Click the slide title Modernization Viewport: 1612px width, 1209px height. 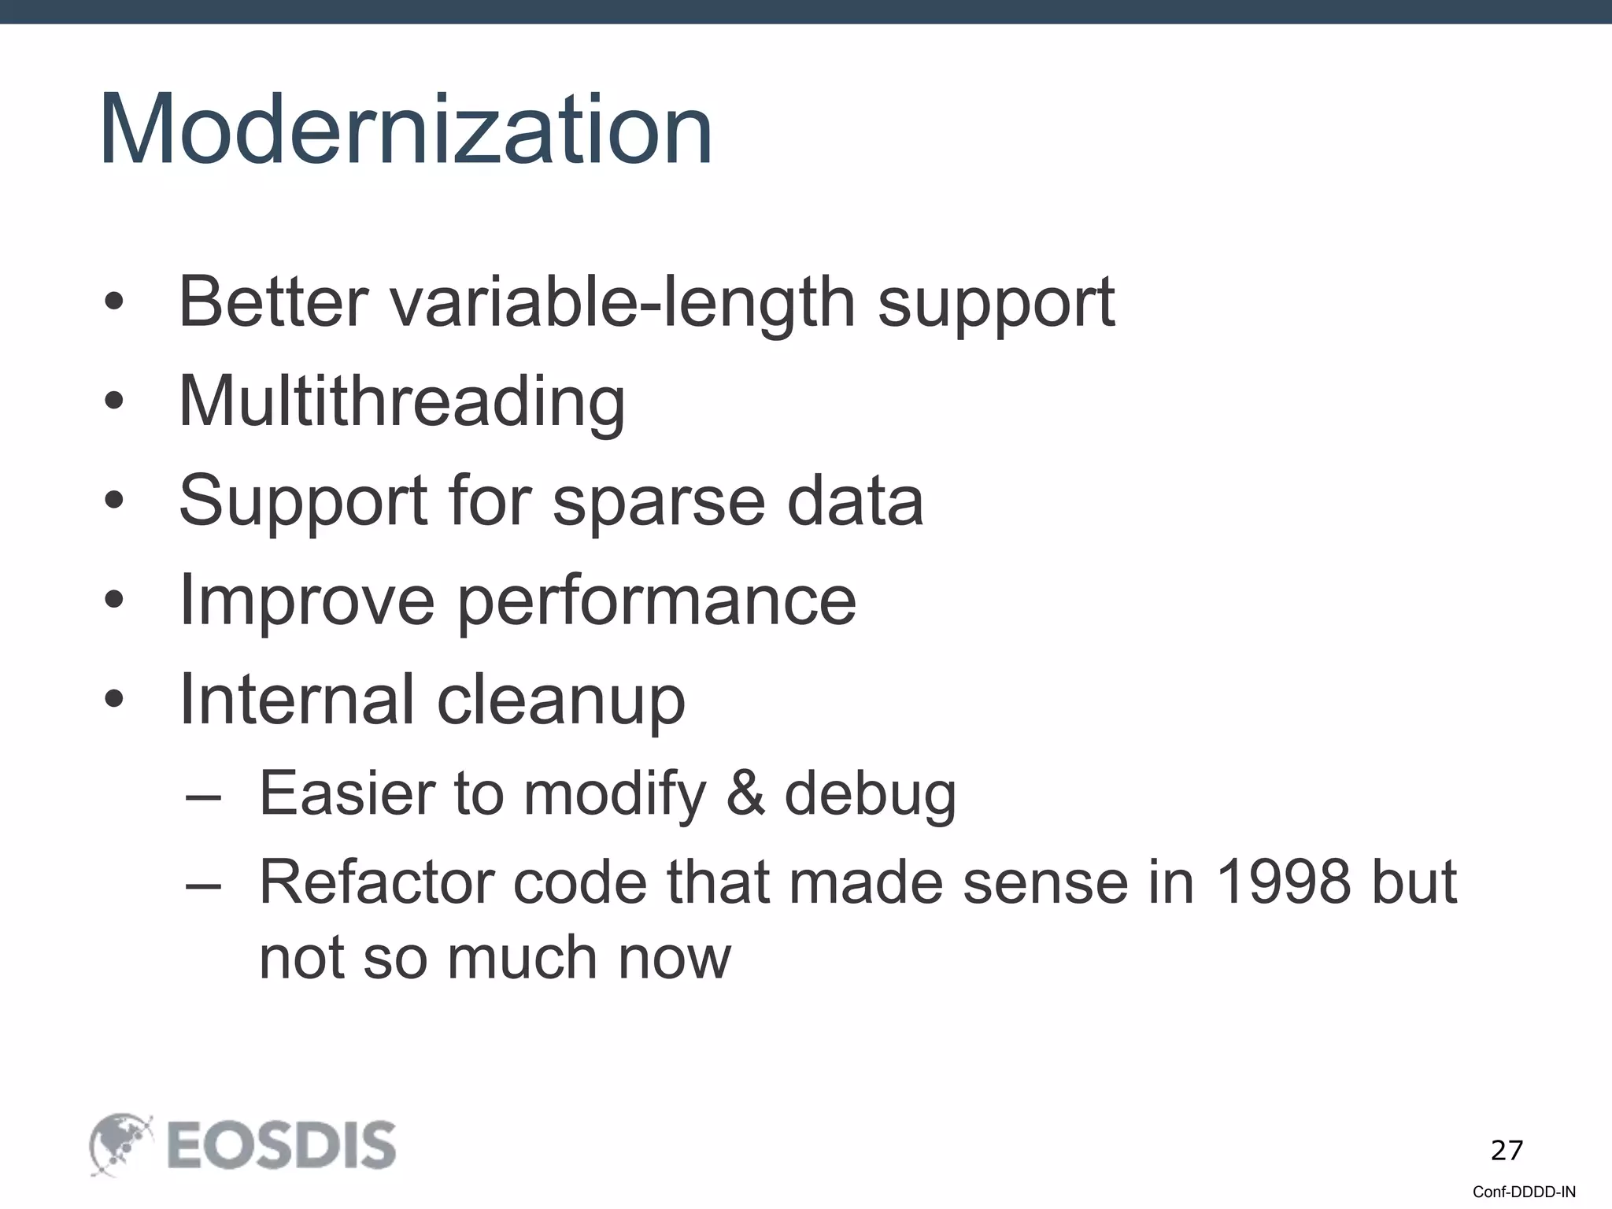(x=406, y=130)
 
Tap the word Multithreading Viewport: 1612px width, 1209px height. (x=401, y=401)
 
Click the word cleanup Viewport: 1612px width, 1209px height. (x=560, y=701)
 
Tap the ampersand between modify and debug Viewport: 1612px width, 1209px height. (x=745, y=793)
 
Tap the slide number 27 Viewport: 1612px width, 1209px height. (x=1507, y=1151)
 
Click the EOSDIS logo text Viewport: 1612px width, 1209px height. (x=281, y=1145)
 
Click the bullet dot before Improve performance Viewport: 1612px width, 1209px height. (x=114, y=601)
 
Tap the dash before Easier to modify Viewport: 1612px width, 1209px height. (x=203, y=795)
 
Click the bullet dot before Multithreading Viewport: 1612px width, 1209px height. (x=114, y=401)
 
